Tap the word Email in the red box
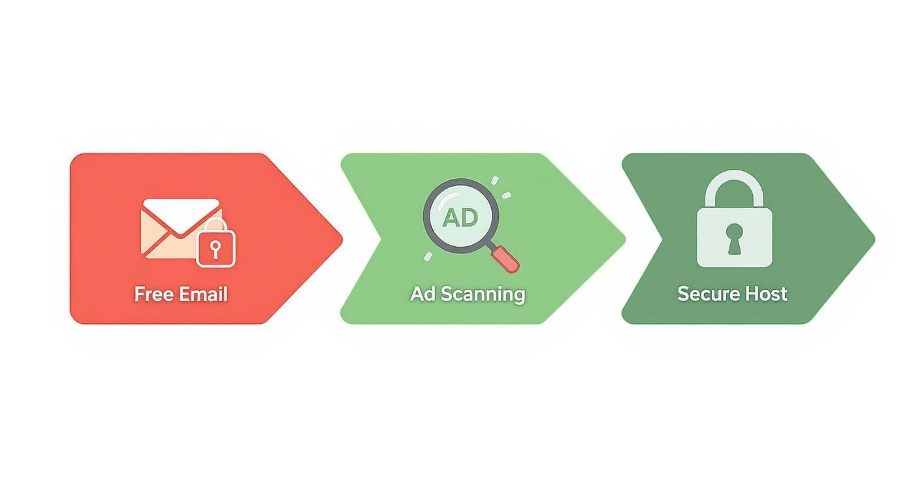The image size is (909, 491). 203,294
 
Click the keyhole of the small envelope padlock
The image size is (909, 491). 215,249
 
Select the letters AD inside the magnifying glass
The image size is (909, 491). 460,217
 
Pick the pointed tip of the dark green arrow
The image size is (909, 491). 872,239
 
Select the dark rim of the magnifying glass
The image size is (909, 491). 426,215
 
